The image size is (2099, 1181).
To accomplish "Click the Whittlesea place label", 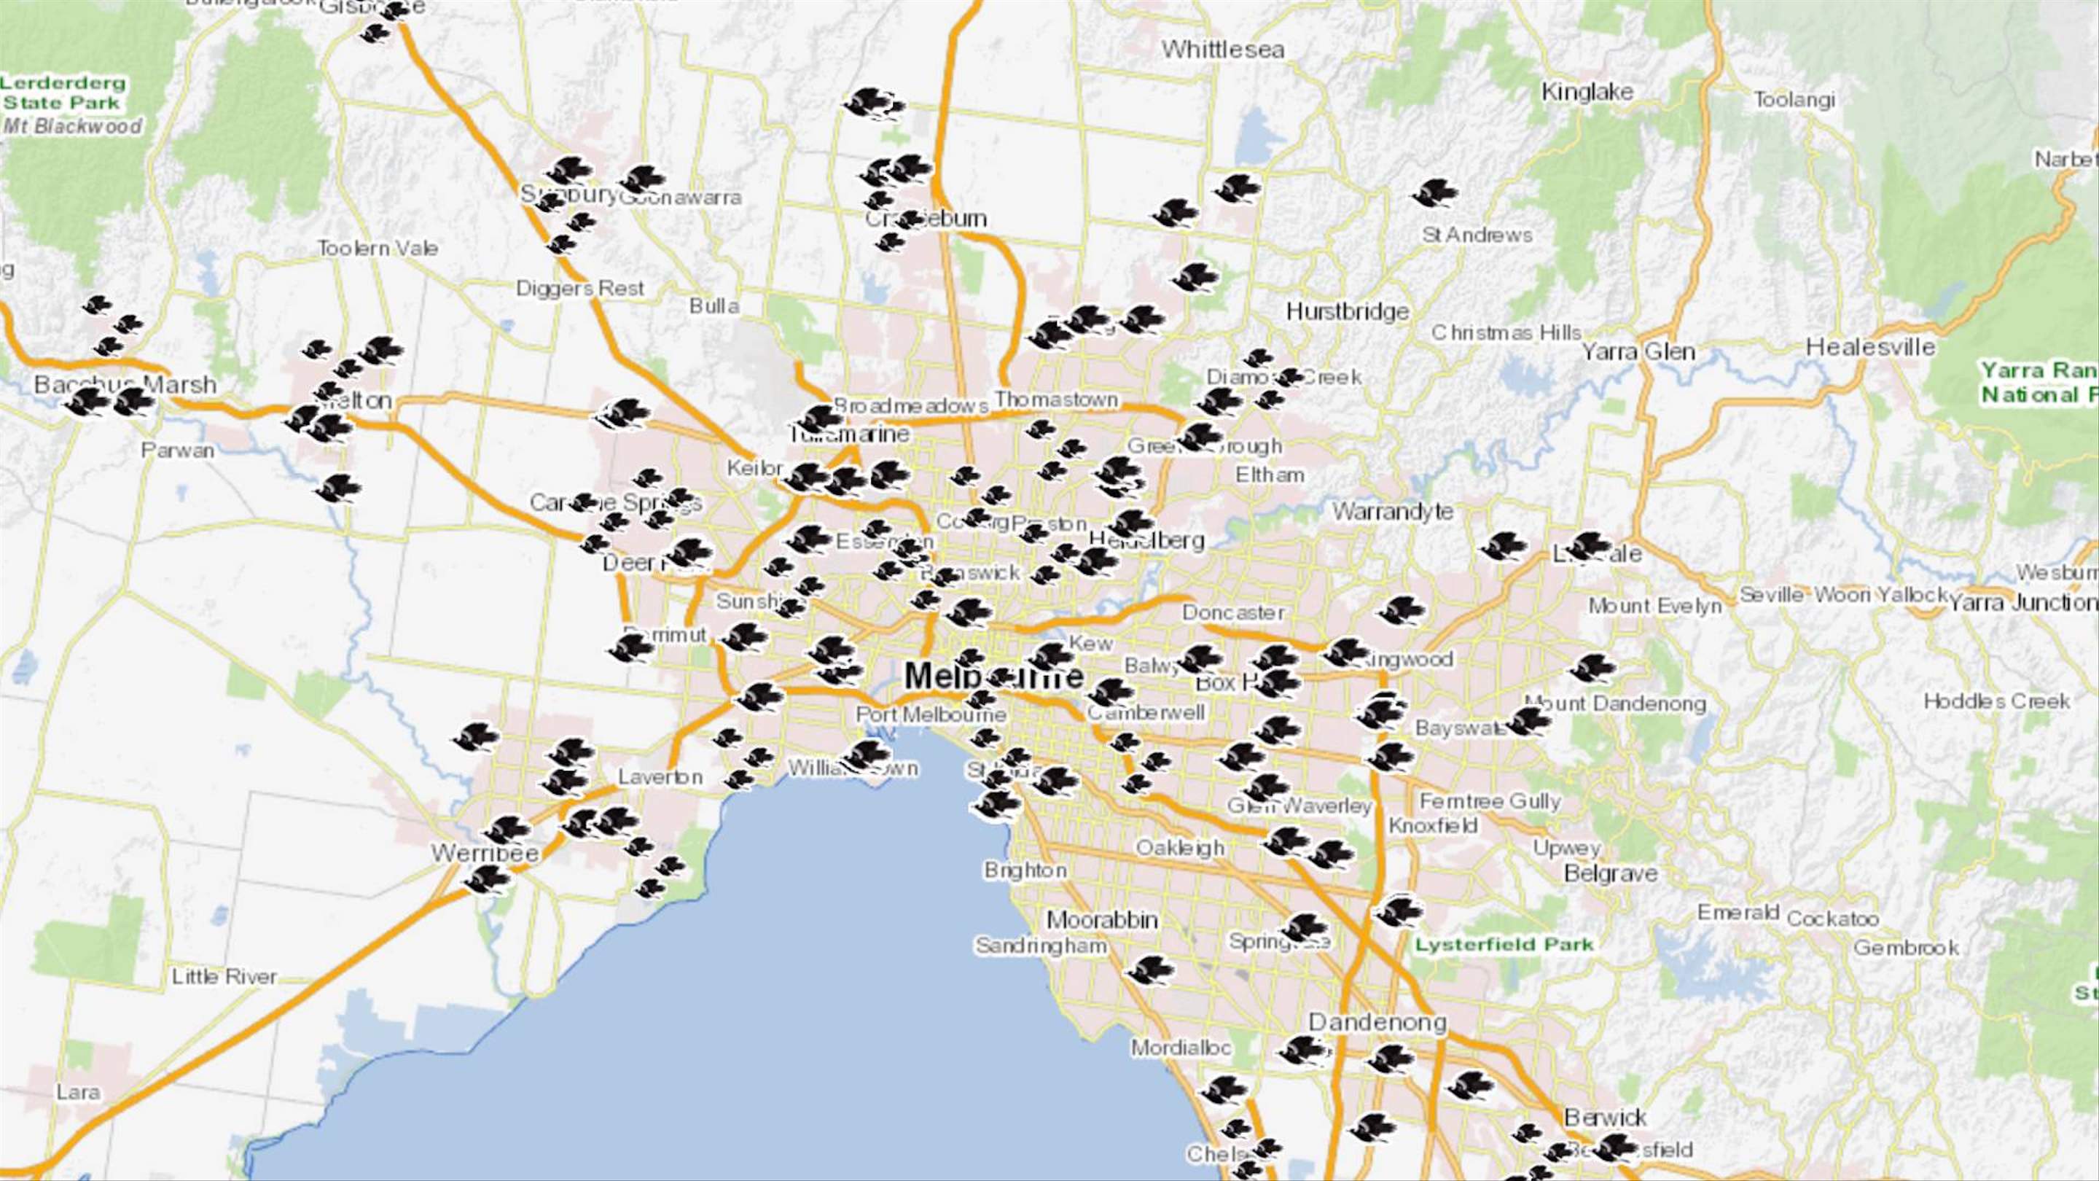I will [x=1222, y=50].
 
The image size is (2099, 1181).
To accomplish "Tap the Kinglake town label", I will [x=1587, y=92].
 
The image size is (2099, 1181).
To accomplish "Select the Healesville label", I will [x=1870, y=347].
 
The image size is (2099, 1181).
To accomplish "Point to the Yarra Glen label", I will [x=1638, y=352].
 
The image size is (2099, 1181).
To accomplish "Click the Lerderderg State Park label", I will [x=63, y=93].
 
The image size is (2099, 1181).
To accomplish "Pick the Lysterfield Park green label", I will [x=1504, y=945].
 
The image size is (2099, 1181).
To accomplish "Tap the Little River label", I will [x=224, y=975].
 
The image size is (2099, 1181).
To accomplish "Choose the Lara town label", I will [x=78, y=1091].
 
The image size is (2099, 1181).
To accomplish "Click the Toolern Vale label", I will [x=378, y=248].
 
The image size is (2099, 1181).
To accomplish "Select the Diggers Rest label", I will [x=579, y=289].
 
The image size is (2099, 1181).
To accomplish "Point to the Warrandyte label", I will [x=1393, y=512].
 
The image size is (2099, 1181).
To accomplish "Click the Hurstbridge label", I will [x=1347, y=311].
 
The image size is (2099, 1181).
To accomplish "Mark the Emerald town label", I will [x=1738, y=913].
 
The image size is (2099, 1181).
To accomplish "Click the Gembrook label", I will [x=1906, y=948].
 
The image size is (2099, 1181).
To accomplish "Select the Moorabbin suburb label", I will [x=1102, y=920].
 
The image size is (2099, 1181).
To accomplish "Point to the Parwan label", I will [x=178, y=450].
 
